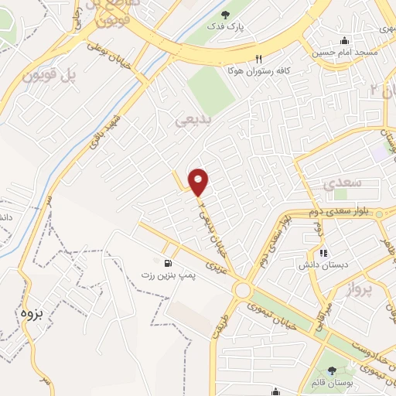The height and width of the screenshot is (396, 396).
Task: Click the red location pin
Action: click(200, 182)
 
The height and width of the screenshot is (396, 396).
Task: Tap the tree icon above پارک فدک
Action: click(225, 15)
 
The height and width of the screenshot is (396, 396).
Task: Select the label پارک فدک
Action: click(225, 27)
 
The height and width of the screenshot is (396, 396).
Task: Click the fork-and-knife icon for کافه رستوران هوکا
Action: click(259, 58)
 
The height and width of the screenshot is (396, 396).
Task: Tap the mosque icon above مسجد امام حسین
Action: click(345, 41)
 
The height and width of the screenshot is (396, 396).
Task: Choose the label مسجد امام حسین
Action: click(345, 53)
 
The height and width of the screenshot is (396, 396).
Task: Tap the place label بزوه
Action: click(29, 314)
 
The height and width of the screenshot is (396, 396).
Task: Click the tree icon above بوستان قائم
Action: click(332, 370)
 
